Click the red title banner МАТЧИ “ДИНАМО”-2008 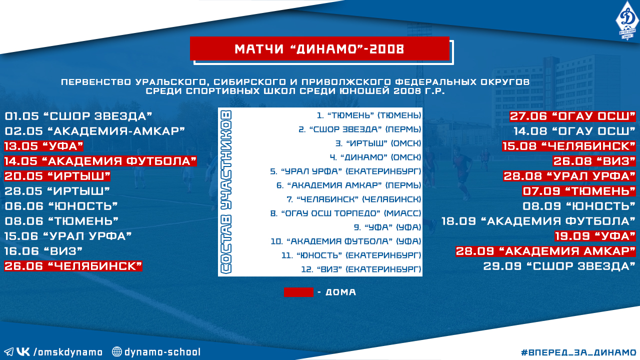(x=319, y=48)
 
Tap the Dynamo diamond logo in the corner (x=627, y=20)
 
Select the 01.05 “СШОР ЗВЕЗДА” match (x=78, y=116)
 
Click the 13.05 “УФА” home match (x=43, y=146)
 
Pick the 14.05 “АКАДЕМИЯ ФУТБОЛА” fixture (x=100, y=161)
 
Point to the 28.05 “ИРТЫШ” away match (x=57, y=191)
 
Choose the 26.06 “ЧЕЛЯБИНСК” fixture (x=73, y=266)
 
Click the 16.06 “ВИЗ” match (x=43, y=251)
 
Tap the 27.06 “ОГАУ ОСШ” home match (x=572, y=116)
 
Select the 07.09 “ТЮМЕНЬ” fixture (x=579, y=191)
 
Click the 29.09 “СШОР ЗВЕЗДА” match (x=559, y=266)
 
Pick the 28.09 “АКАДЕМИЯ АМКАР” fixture (x=545, y=251)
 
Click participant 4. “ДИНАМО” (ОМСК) (x=375, y=157)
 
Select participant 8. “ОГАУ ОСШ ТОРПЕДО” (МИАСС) (x=345, y=213)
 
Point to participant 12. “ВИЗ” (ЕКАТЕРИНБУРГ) (x=361, y=269)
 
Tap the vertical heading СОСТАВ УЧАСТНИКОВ (x=225, y=192)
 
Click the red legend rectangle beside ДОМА (x=298, y=292)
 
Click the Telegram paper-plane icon (x=8, y=351)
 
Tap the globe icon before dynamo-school (x=116, y=351)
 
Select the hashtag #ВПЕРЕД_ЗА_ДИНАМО (x=578, y=352)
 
